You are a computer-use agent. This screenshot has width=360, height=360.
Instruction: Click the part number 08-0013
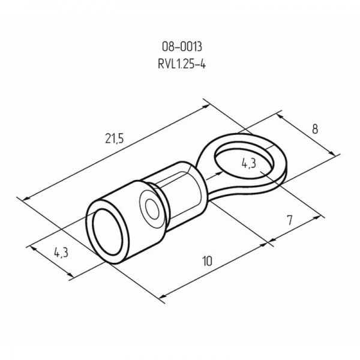pyautogui.click(x=182, y=47)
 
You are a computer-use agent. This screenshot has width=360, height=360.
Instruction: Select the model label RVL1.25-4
pyautogui.click(x=182, y=64)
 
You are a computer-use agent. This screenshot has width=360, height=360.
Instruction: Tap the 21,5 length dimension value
pyautogui.click(x=114, y=139)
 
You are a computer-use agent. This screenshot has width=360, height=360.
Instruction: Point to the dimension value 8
pyautogui.click(x=315, y=129)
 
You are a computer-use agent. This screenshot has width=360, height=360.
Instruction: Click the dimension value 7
pyautogui.click(x=290, y=220)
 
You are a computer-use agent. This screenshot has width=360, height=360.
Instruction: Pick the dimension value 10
pyautogui.click(x=207, y=261)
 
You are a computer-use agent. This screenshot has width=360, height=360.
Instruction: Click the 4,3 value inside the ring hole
pyautogui.click(x=248, y=163)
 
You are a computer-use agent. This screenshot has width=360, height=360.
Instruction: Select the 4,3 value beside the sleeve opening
pyautogui.click(x=61, y=253)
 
